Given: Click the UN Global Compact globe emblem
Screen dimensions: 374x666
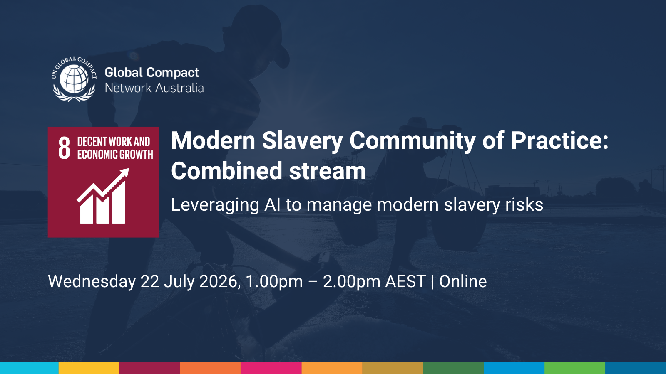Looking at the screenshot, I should click(x=74, y=79).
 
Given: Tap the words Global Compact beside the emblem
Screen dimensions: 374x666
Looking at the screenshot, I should click(x=152, y=73).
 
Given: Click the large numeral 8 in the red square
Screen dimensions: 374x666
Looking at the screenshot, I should click(x=64, y=148).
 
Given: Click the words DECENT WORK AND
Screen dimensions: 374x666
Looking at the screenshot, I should click(x=113, y=142).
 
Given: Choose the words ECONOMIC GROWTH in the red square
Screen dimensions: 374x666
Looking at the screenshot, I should click(x=115, y=155).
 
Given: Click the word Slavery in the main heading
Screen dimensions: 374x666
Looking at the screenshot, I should click(x=302, y=141).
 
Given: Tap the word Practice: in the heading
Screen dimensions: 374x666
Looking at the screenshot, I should click(x=559, y=141).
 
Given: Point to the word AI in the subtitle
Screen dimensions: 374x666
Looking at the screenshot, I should click(x=272, y=205).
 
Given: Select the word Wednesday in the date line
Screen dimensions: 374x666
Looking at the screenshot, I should click(x=92, y=282).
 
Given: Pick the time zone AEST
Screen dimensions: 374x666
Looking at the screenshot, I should click(x=405, y=282).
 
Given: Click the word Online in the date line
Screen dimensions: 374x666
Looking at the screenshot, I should click(x=463, y=282).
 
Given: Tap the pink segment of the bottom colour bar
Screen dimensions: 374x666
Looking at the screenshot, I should click(x=271, y=368).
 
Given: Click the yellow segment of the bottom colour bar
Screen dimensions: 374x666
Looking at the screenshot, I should click(x=89, y=368).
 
